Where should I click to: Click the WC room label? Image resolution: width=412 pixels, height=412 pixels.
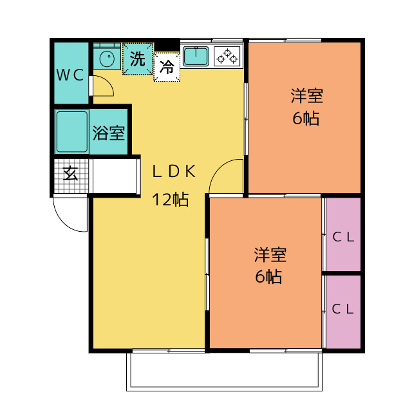pos(70,75)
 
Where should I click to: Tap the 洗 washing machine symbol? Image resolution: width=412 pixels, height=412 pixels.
pos(138,59)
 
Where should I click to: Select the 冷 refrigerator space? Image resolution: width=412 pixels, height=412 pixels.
pos(167,67)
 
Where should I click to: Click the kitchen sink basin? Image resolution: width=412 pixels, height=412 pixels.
pos(196,56)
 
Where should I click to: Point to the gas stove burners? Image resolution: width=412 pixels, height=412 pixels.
pos(227,56)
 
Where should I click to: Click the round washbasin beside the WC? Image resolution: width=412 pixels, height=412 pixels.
pos(107,58)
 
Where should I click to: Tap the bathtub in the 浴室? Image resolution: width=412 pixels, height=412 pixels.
pos(71,131)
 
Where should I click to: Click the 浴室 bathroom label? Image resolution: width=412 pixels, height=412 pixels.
pos(109,133)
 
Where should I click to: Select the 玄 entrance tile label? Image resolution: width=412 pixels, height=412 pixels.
pos(70,173)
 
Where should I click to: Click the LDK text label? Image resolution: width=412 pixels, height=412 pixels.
pos(174,171)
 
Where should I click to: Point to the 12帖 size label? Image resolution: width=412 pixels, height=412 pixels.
pos(171,200)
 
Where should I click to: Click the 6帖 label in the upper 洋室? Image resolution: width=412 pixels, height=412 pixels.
pos(306,118)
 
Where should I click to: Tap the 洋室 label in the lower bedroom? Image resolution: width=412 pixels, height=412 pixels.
pos(270,255)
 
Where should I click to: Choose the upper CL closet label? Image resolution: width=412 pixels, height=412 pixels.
pos(343,238)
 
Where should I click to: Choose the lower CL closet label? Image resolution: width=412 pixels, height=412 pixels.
pos(342,309)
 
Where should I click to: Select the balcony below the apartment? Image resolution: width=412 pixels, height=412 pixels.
pos(225,371)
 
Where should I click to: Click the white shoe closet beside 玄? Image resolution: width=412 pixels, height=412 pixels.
pos(115,176)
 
